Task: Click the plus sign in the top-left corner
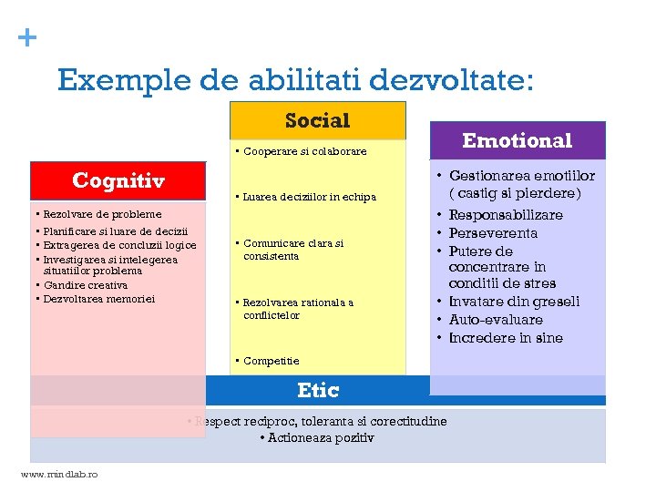(x=28, y=37)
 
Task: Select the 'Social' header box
(x=317, y=120)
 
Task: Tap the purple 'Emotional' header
(x=517, y=140)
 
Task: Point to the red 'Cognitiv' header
(x=118, y=180)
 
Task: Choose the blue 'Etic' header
(x=318, y=391)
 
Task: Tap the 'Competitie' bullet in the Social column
(x=271, y=361)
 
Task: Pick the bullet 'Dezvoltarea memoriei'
(x=98, y=298)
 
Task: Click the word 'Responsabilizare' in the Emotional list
(x=506, y=215)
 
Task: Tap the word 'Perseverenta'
(x=493, y=233)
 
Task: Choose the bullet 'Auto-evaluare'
(x=496, y=320)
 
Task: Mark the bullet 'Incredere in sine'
(x=506, y=338)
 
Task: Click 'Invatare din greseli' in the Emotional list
(x=514, y=302)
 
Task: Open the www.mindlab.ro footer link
(x=59, y=475)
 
